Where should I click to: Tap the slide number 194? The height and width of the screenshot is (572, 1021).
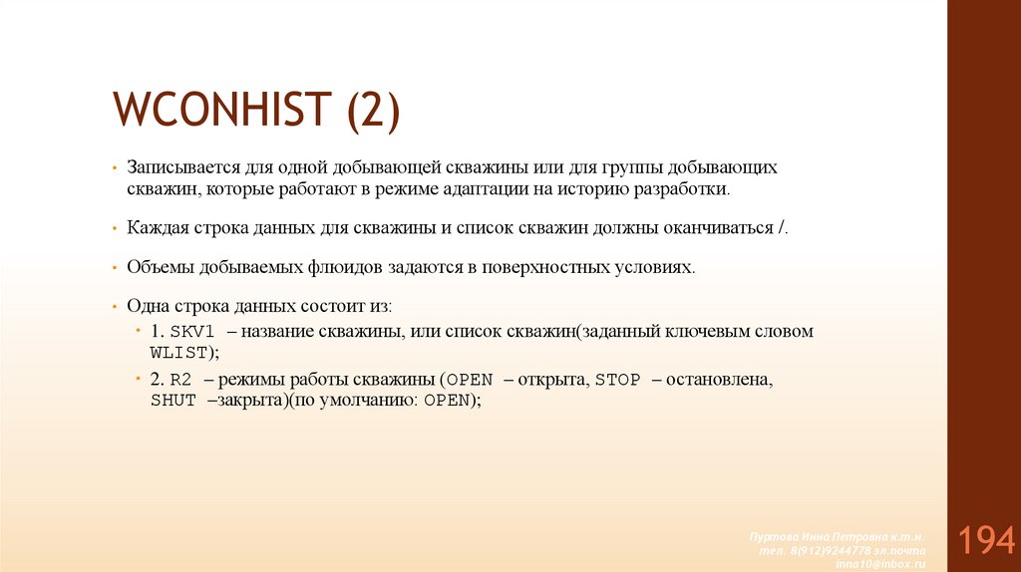987,541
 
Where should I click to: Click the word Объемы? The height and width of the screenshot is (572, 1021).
156,268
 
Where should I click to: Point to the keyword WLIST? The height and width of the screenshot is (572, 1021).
177,353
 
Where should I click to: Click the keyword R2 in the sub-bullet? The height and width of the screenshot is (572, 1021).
180,381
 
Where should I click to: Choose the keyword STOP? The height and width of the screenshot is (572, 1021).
617,381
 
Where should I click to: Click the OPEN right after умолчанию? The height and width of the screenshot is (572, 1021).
447,401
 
